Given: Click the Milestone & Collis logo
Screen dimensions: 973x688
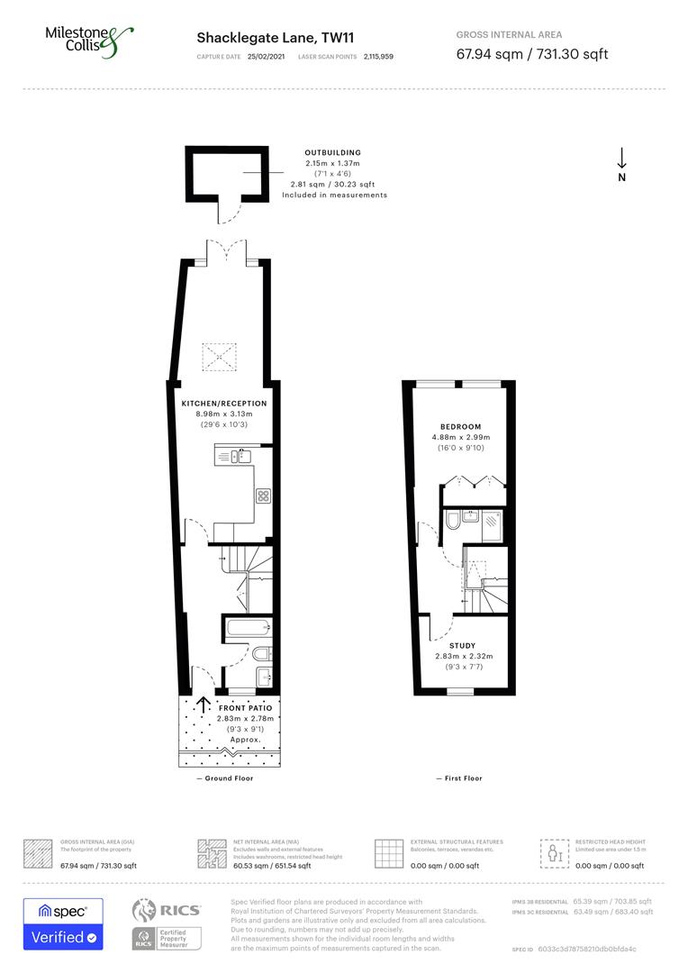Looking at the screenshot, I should pos(89,41).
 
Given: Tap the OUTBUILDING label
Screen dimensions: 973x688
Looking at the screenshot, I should pos(332,153).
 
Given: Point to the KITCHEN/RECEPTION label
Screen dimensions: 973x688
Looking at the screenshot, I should pos(224,404).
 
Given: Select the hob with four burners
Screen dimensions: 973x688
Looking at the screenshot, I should pos(263,495).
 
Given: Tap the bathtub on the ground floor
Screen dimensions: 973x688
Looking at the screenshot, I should pos(246,627).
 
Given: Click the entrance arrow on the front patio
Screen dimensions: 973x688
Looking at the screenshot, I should pos(204,705).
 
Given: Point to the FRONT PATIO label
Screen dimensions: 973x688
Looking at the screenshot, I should pos(244,708).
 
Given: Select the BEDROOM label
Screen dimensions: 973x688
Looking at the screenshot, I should pos(460,427).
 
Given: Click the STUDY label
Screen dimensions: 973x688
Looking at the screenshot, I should pos(462,646).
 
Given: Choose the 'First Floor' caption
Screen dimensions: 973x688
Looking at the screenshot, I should pos(462,778).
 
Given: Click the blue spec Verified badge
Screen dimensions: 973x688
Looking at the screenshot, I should pos(63,923).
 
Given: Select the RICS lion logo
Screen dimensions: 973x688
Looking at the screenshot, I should pos(149,912).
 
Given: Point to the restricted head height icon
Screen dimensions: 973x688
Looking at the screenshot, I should pos(554,851).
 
